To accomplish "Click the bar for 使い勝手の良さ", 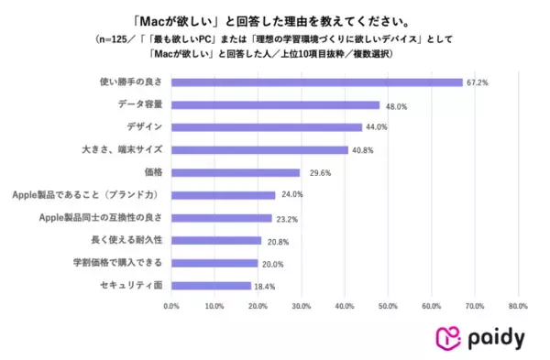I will (x=316, y=82).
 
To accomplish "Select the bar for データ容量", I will (x=275, y=104).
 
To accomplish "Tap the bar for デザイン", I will (x=266, y=127).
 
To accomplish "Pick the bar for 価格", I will (x=236, y=172).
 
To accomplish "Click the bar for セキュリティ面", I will (x=211, y=286).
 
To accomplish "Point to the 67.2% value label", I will (x=477, y=82).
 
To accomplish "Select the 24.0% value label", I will (x=291, y=195).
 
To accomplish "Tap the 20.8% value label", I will (x=277, y=241).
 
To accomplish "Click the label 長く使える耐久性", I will (x=129, y=241).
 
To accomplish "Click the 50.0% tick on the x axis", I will (x=388, y=306).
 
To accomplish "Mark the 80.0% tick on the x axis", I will (x=517, y=306).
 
